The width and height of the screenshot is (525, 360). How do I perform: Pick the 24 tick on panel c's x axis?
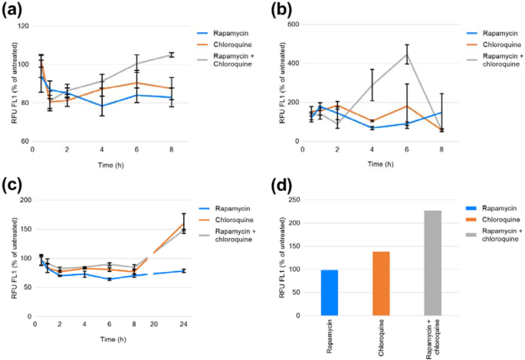pos(183,323)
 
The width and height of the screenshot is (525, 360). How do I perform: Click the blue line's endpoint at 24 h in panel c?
pos(183,270)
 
